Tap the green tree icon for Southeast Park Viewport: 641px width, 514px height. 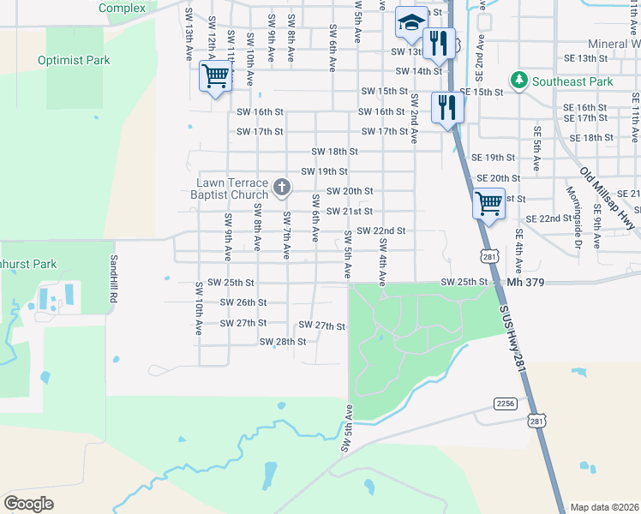pyautogui.click(x=518, y=81)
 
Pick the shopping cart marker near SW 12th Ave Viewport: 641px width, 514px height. pyautogui.click(x=216, y=76)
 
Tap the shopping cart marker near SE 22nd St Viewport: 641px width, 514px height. pyautogui.click(x=488, y=205)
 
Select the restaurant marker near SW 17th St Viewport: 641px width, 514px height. pyautogui.click(x=447, y=107)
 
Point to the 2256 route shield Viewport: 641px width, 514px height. pyautogui.click(x=506, y=402)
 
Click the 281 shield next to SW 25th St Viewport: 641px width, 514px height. pyautogui.click(x=489, y=256)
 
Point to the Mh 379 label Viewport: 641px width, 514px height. pyautogui.click(x=527, y=282)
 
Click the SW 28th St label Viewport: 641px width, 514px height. pyautogui.click(x=283, y=342)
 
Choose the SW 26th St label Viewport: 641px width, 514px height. pyautogui.click(x=243, y=302)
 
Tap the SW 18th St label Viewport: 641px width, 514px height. pyautogui.click(x=334, y=151)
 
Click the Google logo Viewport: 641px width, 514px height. pyautogui.click(x=28, y=504)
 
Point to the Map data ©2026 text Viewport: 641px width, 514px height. pyautogui.click(x=604, y=507)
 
